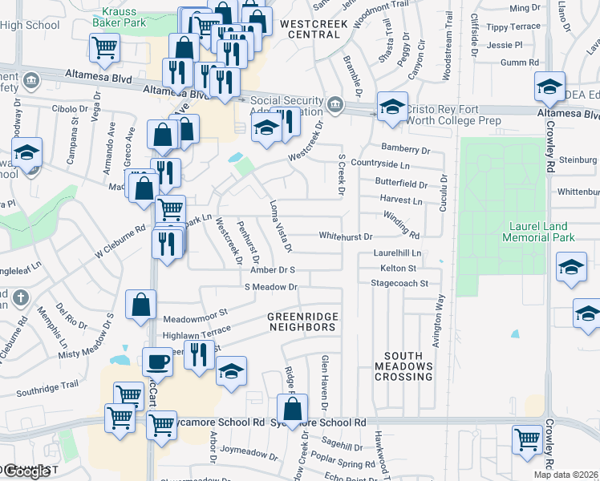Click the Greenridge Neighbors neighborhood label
tap(301, 322)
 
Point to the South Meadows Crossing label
tap(408, 366)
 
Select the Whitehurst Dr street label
tap(346, 237)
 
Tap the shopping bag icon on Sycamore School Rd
tap(293, 407)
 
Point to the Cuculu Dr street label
tap(442, 194)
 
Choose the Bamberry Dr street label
tap(407, 150)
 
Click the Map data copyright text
tap(566, 475)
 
